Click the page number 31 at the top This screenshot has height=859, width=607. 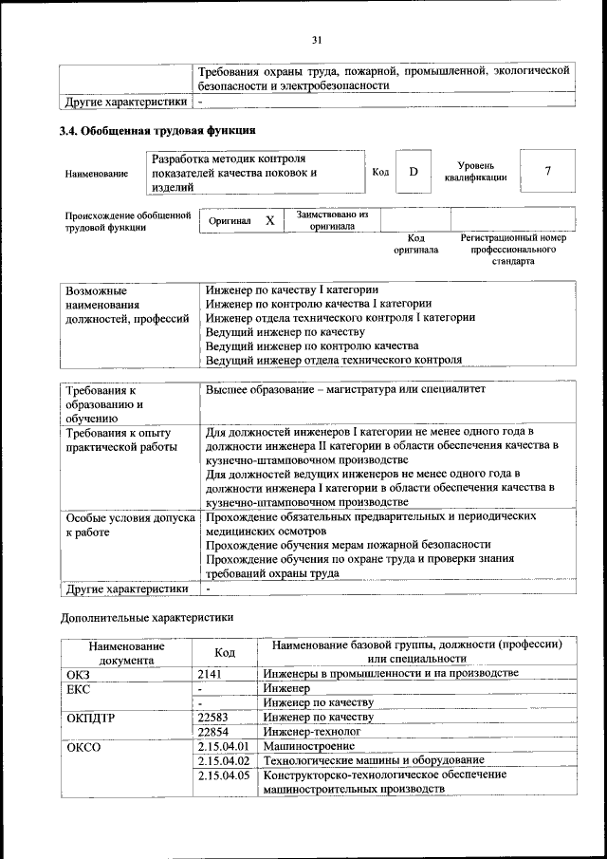[x=317, y=39]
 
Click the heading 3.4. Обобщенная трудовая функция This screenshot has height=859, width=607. [x=157, y=130]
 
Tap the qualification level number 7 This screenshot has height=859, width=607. [x=547, y=171]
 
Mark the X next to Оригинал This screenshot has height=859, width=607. [x=269, y=221]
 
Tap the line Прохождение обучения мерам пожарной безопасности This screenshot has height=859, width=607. [x=348, y=544]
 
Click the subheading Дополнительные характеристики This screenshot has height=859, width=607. [x=146, y=617]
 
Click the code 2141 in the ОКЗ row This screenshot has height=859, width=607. [x=210, y=673]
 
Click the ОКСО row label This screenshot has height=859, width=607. [x=84, y=747]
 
